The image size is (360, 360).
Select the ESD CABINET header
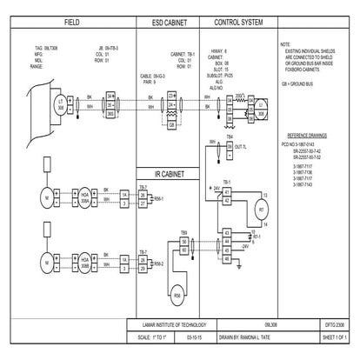(170, 19)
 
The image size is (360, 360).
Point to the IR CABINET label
(170, 174)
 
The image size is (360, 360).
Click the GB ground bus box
(173, 124)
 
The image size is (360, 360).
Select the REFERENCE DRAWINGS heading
(306, 136)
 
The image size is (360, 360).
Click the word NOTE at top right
(286, 44)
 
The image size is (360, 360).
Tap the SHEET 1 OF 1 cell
(335, 335)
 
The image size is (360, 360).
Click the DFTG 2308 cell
(335, 323)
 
